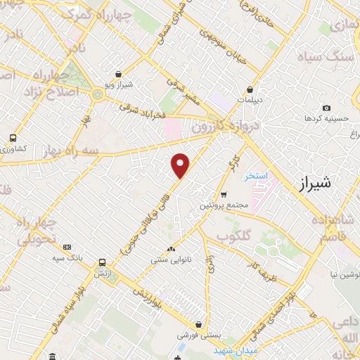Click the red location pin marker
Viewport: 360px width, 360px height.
[x=181, y=166]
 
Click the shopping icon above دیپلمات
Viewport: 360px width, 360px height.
[x=251, y=89]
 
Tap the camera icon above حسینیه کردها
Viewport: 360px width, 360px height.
[x=326, y=108]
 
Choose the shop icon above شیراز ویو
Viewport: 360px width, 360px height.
[x=117, y=74]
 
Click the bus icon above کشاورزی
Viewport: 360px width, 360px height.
[x=13, y=138]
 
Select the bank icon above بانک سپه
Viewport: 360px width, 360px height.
[x=67, y=247]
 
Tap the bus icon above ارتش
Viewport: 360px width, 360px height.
[x=103, y=259]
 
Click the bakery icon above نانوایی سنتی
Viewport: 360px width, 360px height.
[x=172, y=248]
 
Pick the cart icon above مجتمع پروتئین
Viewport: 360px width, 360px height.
[x=224, y=195]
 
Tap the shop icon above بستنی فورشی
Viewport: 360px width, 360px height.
[x=201, y=325]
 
